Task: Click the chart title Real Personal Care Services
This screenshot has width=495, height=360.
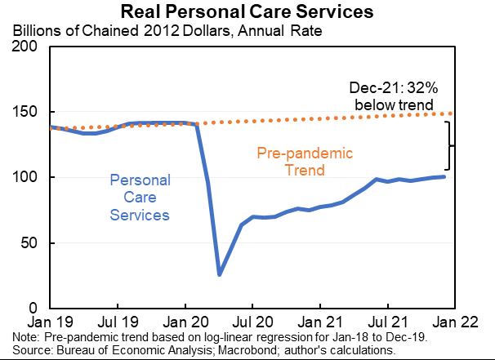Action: click(x=247, y=12)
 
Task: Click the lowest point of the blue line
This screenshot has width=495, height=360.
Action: click(x=219, y=274)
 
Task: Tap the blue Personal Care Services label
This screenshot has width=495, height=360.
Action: click(x=139, y=197)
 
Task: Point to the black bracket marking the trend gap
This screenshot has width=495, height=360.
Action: click(x=448, y=146)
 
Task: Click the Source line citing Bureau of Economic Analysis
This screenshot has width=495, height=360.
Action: click(x=204, y=349)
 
